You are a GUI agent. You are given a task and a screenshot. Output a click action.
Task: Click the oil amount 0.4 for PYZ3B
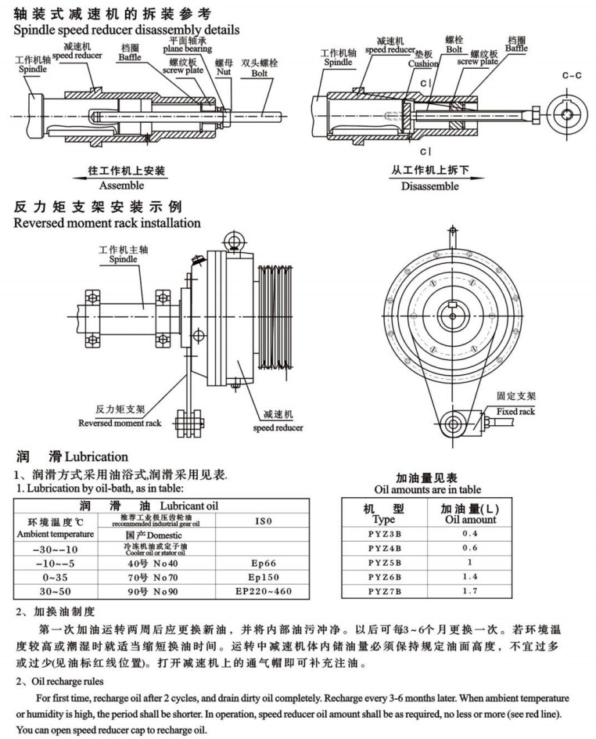tap(469, 534)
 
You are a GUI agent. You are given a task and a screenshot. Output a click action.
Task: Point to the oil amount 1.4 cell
tap(469, 576)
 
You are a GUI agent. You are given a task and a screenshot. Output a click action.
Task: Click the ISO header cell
tap(263, 519)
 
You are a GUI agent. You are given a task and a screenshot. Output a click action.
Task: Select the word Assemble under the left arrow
tap(121, 186)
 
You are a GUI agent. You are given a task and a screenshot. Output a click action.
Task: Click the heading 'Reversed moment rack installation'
tap(107, 223)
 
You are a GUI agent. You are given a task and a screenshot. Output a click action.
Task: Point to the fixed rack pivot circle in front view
tap(453, 424)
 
